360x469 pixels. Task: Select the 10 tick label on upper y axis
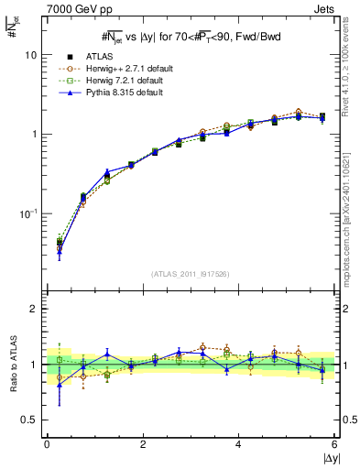(x=31, y=55)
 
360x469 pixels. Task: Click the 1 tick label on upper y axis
(x=34, y=135)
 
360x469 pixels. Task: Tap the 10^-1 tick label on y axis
(x=28, y=213)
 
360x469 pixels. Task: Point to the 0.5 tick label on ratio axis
(x=29, y=420)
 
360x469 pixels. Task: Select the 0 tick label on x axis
(x=47, y=444)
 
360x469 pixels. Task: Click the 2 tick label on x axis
(x=143, y=444)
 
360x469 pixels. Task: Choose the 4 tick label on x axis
(x=239, y=444)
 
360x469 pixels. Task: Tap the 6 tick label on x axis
(x=334, y=444)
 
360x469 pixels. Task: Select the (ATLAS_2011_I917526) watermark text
(x=191, y=274)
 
